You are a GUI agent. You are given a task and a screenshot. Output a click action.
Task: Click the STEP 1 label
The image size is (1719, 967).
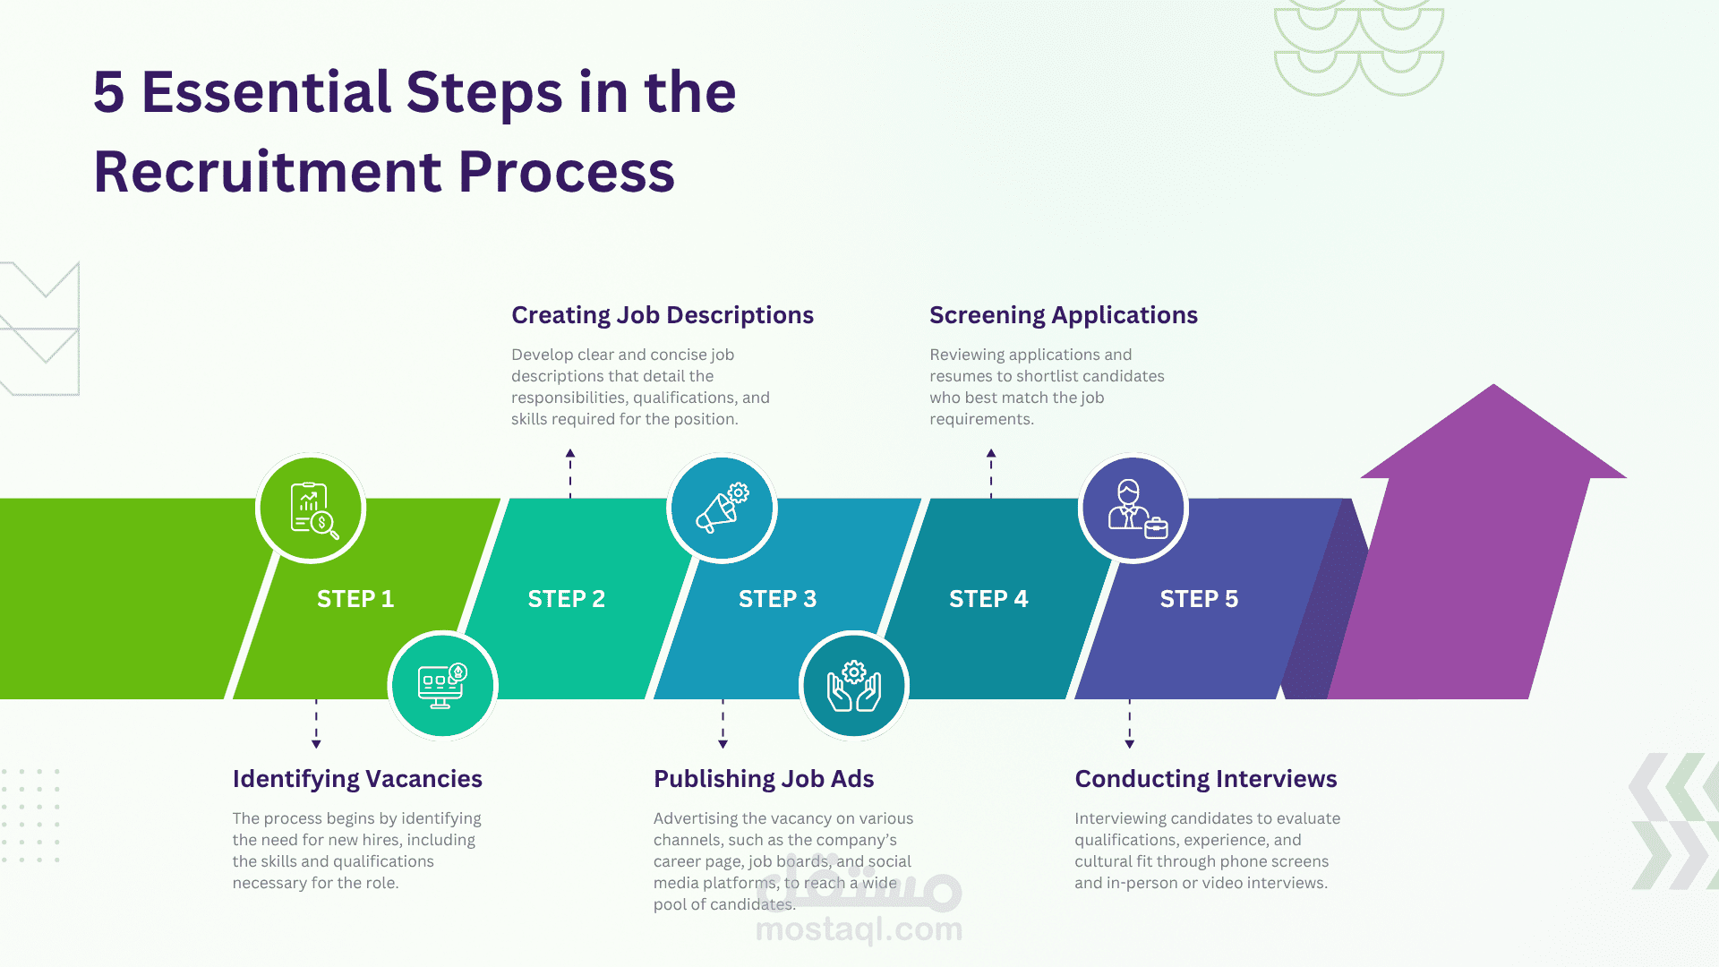(355, 599)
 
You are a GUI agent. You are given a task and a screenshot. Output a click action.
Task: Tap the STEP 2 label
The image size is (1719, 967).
(566, 599)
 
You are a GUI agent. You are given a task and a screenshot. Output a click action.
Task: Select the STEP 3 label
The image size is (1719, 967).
(777, 599)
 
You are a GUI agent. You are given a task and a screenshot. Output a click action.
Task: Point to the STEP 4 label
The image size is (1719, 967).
(988, 599)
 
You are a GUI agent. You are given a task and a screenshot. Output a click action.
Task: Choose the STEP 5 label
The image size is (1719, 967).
(1199, 599)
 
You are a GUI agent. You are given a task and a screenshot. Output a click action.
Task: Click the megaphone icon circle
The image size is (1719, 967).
(722, 509)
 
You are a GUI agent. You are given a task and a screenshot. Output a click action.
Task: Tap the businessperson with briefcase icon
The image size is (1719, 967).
(1133, 509)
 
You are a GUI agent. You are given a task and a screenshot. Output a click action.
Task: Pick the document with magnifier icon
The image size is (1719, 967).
(311, 509)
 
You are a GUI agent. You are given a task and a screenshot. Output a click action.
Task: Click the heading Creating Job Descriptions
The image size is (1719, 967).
(662, 315)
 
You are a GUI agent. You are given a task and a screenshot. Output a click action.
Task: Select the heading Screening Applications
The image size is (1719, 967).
(1063, 315)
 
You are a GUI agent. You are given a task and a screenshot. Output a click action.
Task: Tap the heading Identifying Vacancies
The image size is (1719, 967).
(357, 779)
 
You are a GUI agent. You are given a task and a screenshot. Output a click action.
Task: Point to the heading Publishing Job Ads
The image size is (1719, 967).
(764, 779)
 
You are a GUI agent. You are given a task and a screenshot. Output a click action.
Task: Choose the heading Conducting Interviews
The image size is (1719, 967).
(1205, 779)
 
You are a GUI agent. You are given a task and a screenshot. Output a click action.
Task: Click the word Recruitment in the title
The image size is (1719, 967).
(268, 172)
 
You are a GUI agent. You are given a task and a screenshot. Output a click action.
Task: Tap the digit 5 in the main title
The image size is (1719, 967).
(108, 92)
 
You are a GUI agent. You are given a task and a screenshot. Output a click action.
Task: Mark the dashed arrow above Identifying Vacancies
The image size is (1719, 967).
(316, 723)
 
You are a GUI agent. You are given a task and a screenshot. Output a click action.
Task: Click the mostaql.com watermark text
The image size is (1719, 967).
(859, 929)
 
